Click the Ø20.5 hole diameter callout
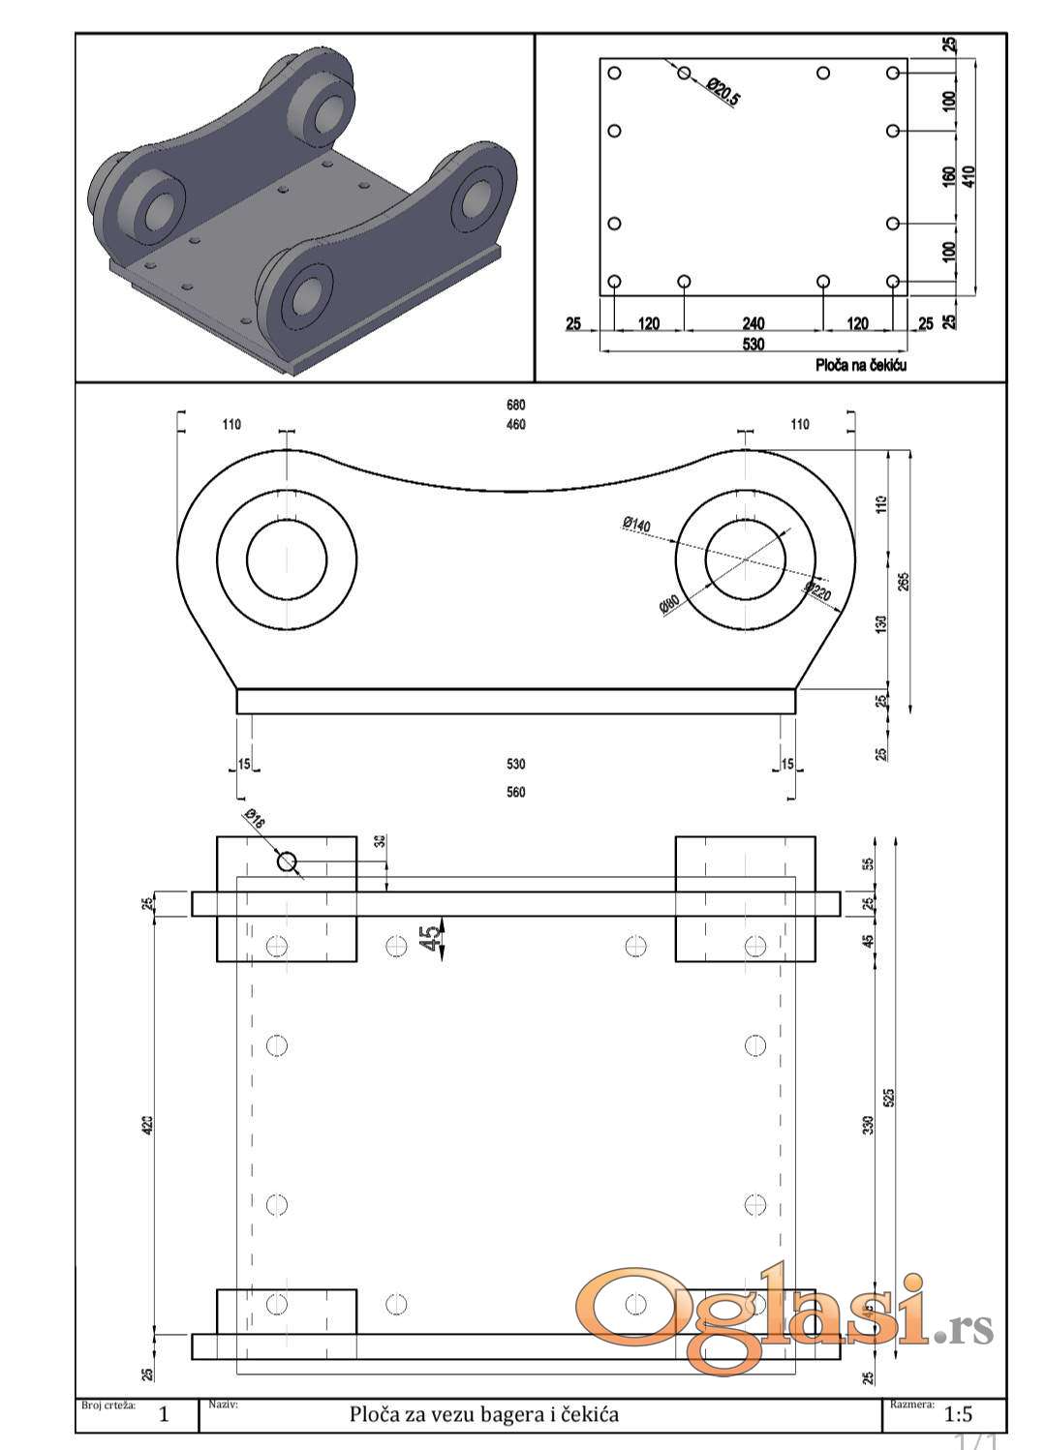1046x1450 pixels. click(x=723, y=92)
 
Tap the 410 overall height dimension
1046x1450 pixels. click(x=969, y=176)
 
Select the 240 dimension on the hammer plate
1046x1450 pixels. click(x=753, y=323)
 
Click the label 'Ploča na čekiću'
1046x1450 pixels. click(x=861, y=365)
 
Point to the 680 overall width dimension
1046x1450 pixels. click(x=515, y=405)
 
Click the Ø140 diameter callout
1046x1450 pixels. click(x=636, y=525)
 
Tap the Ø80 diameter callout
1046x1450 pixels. click(x=669, y=606)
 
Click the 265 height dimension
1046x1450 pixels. click(x=904, y=582)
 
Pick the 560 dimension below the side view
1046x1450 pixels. click(x=515, y=792)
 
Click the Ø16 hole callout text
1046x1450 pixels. click(x=255, y=819)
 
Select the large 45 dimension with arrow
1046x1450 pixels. click(x=429, y=936)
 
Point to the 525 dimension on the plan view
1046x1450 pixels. click(x=889, y=1097)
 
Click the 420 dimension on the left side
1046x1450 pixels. click(x=148, y=1125)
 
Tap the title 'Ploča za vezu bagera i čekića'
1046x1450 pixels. click(x=483, y=1414)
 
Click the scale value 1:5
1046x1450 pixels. click(x=958, y=1414)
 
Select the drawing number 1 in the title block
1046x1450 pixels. click(x=164, y=1414)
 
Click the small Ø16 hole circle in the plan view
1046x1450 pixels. click(x=287, y=861)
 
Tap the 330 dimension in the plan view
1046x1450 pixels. click(x=869, y=1125)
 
